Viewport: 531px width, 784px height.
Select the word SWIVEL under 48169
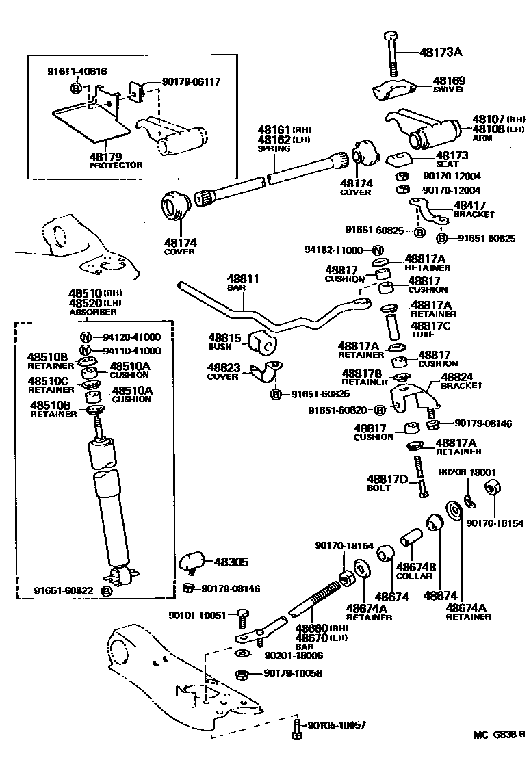coord(449,90)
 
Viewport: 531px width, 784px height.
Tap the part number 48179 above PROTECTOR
coord(105,157)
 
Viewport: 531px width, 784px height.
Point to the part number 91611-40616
coord(77,71)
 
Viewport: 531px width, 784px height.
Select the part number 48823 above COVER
coord(223,367)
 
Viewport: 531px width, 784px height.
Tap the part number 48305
coord(231,562)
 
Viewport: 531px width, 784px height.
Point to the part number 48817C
coord(430,326)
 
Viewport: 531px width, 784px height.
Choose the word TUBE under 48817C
coord(422,336)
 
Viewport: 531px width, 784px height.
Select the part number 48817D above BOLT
coord(387,479)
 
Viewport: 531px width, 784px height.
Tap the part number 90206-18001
coord(467,472)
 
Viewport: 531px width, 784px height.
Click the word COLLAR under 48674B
coord(414,576)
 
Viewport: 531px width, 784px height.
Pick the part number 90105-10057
coord(337,725)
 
